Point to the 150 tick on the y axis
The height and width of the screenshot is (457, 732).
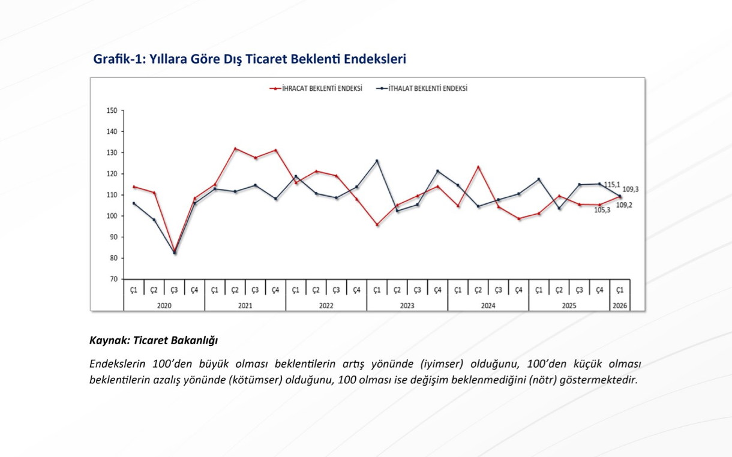pyautogui.click(x=112, y=110)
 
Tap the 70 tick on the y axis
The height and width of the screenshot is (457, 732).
pyautogui.click(x=113, y=279)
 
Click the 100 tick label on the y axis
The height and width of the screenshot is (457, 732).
pyautogui.click(x=112, y=216)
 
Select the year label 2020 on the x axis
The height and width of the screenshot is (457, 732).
pyautogui.click(x=164, y=305)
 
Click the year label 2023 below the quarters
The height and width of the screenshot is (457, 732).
pyautogui.click(x=407, y=305)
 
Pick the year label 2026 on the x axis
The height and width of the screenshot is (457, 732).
pyautogui.click(x=620, y=305)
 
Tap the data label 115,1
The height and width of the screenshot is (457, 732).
pyautogui.click(x=612, y=184)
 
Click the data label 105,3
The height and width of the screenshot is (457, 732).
pyautogui.click(x=602, y=210)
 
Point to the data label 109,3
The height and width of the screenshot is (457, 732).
pyautogui.click(x=631, y=189)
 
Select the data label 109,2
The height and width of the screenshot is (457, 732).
pyautogui.click(x=624, y=205)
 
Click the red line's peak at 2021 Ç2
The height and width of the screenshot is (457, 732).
pyautogui.click(x=235, y=148)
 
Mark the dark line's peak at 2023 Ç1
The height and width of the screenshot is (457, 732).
pyautogui.click(x=377, y=161)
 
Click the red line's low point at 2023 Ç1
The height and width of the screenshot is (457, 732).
pyautogui.click(x=377, y=225)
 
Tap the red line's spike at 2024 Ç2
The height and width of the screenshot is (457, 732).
pyautogui.click(x=478, y=167)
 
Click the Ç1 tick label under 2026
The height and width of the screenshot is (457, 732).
pyautogui.click(x=620, y=290)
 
